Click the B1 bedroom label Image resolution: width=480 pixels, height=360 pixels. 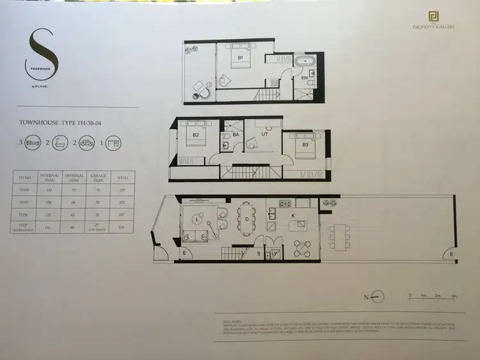click(241, 58)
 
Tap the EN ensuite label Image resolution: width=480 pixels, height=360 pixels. click(305, 77)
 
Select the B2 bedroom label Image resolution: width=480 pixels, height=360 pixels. click(196, 135)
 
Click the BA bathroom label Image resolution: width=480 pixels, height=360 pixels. click(236, 135)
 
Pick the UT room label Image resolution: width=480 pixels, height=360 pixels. click(264, 135)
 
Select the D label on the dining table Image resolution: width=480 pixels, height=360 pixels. click(247, 219)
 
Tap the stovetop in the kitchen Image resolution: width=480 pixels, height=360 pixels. click(283, 204)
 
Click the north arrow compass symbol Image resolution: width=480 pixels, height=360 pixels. click(378, 295)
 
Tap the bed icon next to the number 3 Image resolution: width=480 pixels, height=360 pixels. click(31, 143)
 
